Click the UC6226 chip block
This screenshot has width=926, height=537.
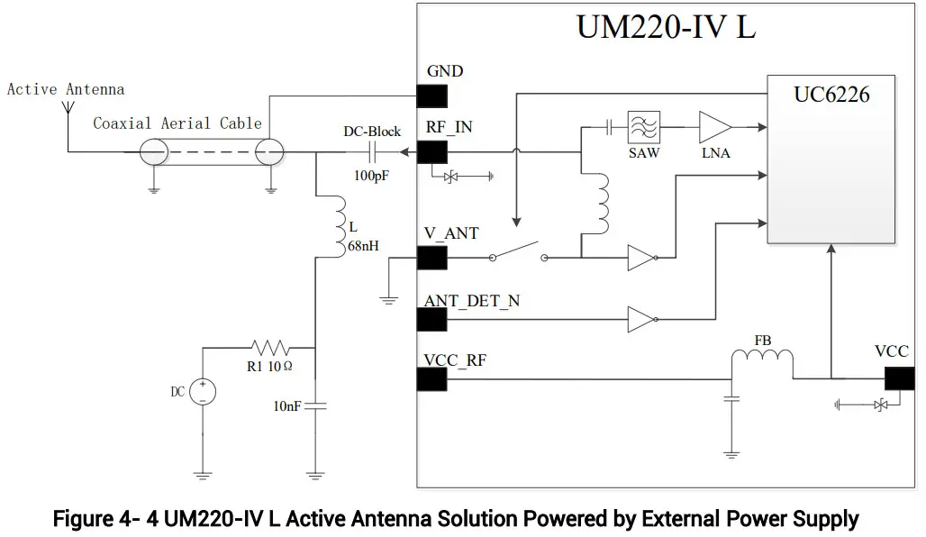(831, 159)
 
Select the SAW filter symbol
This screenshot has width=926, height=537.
(643, 127)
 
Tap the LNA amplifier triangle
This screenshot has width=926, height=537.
(714, 127)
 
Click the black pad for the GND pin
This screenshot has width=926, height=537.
(431, 95)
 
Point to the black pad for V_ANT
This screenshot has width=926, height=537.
(431, 258)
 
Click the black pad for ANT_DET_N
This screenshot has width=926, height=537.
(431, 320)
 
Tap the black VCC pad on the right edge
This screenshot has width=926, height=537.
(898, 378)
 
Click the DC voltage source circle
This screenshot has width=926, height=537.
(203, 391)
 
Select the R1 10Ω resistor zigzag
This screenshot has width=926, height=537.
(269, 347)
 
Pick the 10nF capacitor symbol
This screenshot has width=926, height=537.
(315, 406)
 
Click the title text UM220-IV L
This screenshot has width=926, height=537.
(666, 27)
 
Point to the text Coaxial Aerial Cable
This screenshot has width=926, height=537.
(177, 123)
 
